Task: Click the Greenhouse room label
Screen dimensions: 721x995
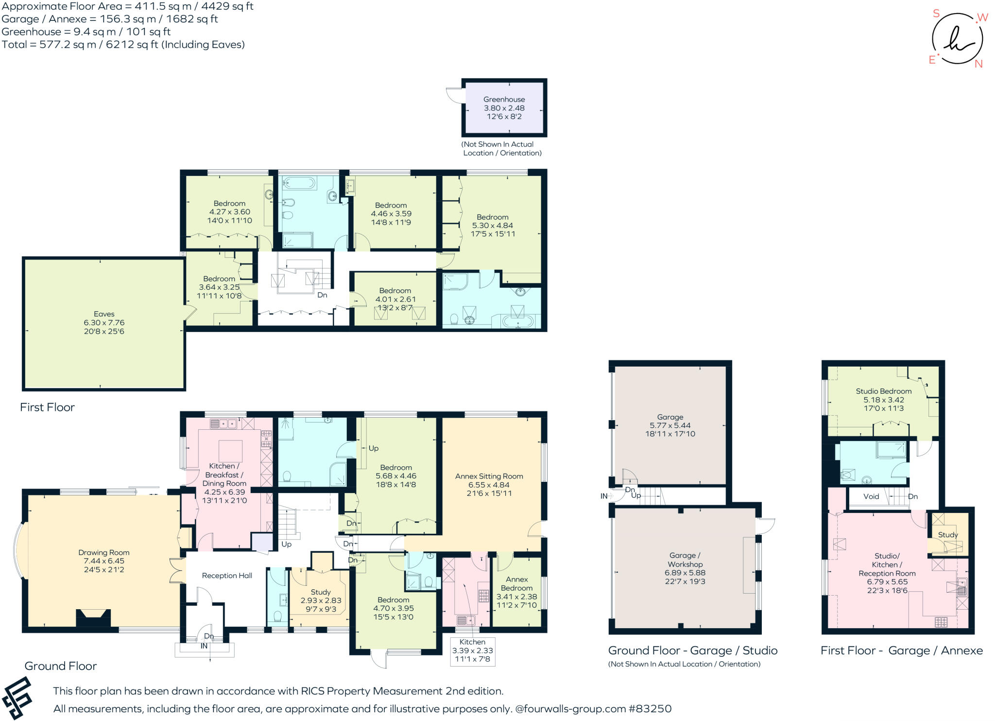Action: pos(504,99)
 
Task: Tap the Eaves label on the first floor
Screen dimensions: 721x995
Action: pos(104,314)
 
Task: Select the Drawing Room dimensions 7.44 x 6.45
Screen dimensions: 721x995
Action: pos(104,561)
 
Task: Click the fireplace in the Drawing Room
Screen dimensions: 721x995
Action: pos(93,618)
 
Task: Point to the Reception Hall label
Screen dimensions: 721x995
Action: pos(227,576)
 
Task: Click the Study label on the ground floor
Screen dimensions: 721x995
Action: pos(321,592)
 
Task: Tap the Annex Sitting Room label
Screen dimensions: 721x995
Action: pos(489,476)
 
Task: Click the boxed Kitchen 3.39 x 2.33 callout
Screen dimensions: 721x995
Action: pos(472,651)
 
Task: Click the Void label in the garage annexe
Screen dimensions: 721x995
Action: pos(871,496)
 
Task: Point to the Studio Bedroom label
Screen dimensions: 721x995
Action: pos(883,391)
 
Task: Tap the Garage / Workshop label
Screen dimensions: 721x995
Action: pos(685,560)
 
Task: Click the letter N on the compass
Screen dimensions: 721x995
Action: pos(978,64)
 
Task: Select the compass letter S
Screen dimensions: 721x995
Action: pos(936,14)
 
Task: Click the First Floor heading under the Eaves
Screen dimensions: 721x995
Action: pos(47,407)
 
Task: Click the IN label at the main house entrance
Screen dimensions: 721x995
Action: pos(204,646)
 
